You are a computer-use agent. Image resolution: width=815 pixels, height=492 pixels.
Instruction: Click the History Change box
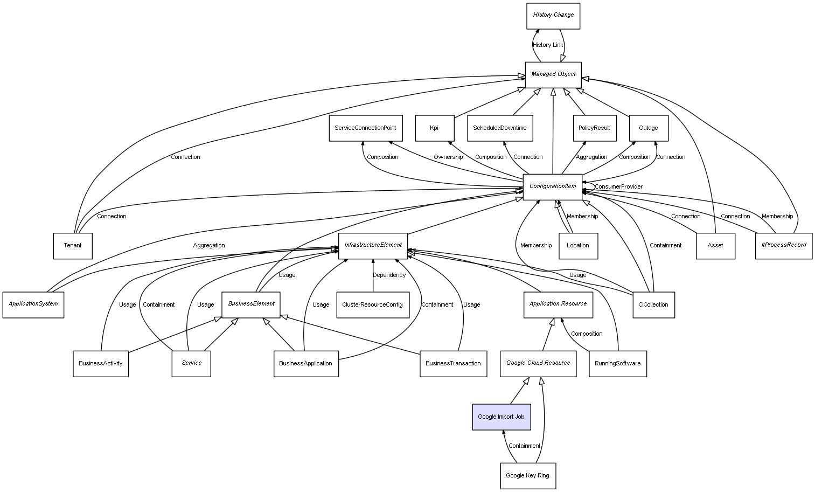coord(553,16)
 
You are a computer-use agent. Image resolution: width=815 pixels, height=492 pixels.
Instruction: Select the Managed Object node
coord(553,74)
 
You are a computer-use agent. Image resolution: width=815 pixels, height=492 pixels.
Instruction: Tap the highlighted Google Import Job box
coord(501,417)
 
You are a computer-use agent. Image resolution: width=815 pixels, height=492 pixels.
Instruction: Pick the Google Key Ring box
coord(527,476)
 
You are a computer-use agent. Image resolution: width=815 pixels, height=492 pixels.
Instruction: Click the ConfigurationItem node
coord(553,186)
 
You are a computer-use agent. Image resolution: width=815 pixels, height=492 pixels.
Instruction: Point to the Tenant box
coord(73,246)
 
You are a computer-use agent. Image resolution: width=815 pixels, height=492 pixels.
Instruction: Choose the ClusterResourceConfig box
coord(372,304)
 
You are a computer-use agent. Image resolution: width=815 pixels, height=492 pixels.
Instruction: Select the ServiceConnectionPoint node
coord(365,128)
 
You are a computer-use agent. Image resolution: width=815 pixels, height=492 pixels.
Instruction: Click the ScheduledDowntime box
coord(500,128)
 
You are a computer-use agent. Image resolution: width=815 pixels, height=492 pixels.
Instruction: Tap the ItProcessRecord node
coord(783,245)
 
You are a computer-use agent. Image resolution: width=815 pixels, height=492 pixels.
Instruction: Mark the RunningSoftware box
coord(617,364)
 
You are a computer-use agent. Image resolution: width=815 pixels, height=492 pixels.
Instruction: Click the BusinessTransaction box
coord(453,364)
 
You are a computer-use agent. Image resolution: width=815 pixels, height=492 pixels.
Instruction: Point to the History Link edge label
coord(548,45)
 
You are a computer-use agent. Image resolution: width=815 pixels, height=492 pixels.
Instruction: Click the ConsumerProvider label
coord(618,187)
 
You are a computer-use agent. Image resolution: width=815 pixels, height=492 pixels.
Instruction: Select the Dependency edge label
coord(389,275)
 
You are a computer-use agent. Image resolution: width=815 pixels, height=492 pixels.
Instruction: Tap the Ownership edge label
coord(448,157)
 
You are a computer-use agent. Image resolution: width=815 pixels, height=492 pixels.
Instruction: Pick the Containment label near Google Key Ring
coord(524,446)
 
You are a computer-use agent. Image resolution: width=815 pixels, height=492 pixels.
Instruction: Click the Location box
coord(578,246)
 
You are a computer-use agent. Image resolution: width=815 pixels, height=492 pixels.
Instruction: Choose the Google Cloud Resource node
coord(538,364)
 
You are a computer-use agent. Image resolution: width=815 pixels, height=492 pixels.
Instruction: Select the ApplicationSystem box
coord(33,304)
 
